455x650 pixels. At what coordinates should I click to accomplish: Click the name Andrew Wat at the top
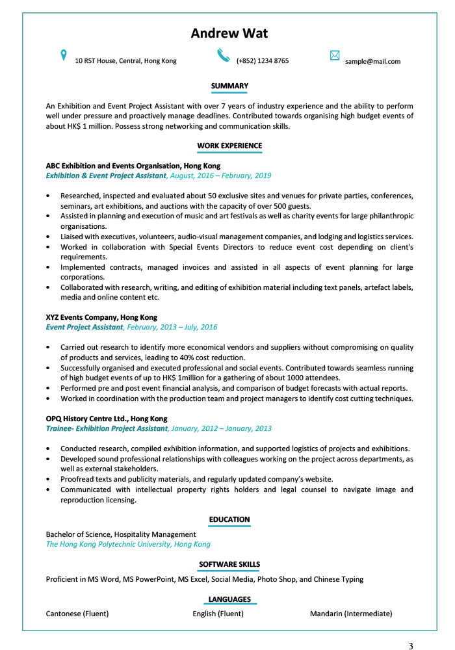point(229,34)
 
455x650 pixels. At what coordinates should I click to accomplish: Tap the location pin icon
point(64,55)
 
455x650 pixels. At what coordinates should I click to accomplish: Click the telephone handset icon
point(224,55)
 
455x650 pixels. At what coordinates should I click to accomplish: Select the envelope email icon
point(335,56)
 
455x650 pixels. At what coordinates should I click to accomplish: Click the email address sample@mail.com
point(372,61)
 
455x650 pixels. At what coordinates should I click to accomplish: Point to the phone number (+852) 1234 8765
point(263,61)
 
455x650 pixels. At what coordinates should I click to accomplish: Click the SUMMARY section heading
point(229,86)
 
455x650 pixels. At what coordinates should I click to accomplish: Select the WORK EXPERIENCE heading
point(229,146)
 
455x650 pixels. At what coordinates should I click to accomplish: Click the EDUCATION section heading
point(229,519)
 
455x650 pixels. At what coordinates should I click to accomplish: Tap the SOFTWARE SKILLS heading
point(229,564)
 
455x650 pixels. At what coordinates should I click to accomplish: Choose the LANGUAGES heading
point(229,599)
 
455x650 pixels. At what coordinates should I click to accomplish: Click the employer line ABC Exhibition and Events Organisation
point(133,166)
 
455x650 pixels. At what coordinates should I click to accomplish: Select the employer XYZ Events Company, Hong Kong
point(101,317)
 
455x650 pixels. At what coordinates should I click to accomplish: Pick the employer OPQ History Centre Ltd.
point(107,419)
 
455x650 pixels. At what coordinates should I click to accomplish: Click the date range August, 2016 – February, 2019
point(221,175)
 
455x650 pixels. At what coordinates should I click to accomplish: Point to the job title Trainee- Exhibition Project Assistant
point(107,429)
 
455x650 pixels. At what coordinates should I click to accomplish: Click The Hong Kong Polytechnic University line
point(128,544)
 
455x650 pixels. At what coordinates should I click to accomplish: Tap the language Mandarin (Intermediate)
point(351,614)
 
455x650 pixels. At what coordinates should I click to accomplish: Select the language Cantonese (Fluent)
point(77,614)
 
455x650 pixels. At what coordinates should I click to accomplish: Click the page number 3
point(411,645)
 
